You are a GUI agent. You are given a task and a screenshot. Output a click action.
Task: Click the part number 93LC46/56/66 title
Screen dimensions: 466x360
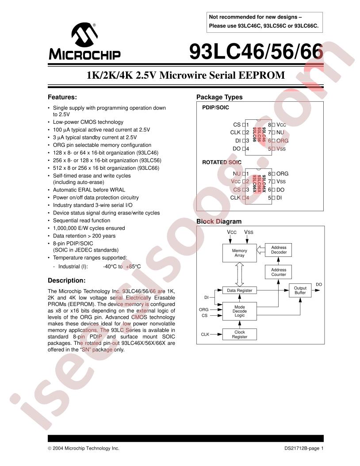[256, 53]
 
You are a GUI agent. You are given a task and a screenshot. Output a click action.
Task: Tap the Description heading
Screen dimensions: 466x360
[66, 280]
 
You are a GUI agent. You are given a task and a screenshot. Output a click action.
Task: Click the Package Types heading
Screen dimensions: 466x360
[219, 97]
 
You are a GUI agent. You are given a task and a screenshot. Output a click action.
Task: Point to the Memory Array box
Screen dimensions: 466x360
[240, 253]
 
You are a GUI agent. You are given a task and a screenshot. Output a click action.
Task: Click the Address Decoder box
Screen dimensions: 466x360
[279, 250]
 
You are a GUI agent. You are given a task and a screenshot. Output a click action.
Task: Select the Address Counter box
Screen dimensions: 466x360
[279, 272]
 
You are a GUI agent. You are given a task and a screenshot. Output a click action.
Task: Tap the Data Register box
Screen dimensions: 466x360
[239, 290]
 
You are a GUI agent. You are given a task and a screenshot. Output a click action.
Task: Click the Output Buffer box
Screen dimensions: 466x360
[300, 290]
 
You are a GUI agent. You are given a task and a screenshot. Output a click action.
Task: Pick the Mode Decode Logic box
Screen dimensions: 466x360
[239, 311]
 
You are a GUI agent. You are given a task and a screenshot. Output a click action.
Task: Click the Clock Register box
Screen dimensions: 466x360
[239, 334]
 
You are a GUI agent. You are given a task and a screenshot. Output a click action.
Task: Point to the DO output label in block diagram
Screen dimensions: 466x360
[319, 284]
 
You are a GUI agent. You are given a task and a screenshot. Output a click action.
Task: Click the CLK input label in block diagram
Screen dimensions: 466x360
[205, 334]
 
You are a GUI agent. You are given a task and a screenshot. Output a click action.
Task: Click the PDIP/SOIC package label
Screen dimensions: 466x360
[216, 107]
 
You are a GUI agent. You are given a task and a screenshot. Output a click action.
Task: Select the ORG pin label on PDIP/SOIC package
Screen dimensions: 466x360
[282, 141]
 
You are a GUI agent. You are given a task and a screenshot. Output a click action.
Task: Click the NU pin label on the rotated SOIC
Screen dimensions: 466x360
[237, 174]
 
